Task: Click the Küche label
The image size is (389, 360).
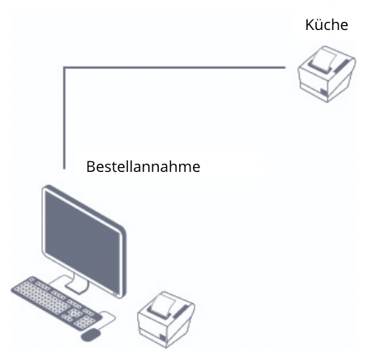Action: pos(327,24)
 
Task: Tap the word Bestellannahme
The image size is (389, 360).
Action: pos(143,166)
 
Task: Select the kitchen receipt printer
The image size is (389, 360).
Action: pos(327,74)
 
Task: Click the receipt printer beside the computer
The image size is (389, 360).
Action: pos(166,319)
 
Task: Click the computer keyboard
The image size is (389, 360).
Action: pos(56,303)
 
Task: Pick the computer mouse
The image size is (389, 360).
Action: pos(91,335)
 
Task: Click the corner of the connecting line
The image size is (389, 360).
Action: pos(64,67)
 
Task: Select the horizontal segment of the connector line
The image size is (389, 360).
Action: pos(174,67)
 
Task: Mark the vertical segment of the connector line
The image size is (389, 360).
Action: pos(64,118)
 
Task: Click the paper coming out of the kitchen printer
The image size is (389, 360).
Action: pos(325,58)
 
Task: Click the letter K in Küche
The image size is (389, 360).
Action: pos(310,25)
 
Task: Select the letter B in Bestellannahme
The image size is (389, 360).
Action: pos(91,167)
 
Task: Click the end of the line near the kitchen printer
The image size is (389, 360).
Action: pos(285,67)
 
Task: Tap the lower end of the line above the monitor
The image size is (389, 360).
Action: pos(64,169)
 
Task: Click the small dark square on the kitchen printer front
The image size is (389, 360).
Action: pos(323,92)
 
